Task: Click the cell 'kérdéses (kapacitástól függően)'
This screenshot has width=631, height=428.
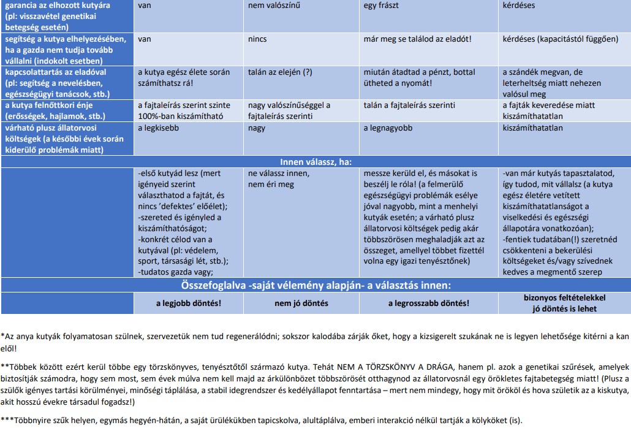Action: (560, 39)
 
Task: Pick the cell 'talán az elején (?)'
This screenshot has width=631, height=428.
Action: (280, 72)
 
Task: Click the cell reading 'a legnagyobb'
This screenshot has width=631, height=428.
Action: (388, 128)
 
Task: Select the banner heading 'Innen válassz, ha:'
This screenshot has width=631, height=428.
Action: (315, 162)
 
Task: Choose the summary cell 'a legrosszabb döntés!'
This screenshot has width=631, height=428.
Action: (429, 303)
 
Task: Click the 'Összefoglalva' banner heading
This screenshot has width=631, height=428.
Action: (315, 285)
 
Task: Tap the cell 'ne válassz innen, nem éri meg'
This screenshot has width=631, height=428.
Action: (279, 178)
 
